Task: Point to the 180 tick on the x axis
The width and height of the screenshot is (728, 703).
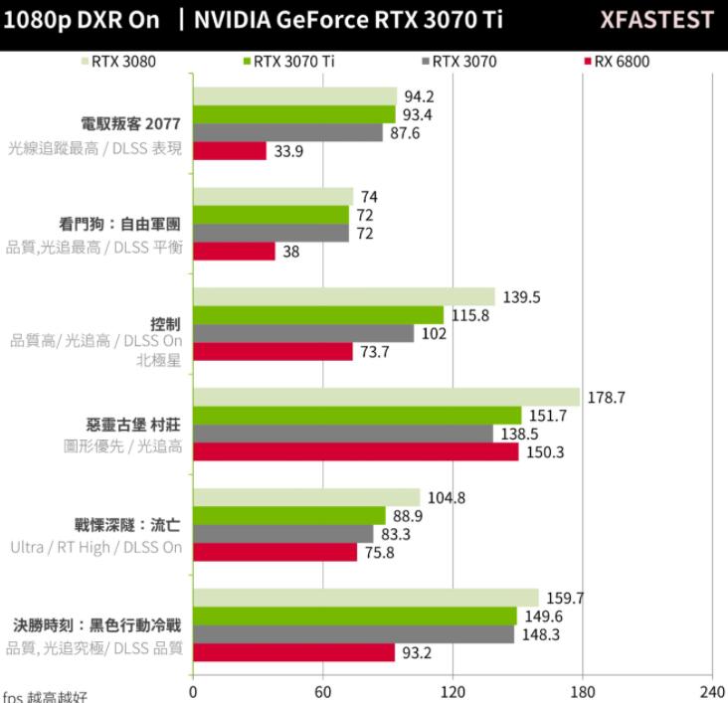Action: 583,692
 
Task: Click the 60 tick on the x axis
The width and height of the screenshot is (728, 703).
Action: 322,692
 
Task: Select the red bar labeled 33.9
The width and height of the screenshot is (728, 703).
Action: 230,151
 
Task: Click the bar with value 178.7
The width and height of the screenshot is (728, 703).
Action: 386,397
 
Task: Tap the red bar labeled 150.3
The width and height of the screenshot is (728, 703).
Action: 355,451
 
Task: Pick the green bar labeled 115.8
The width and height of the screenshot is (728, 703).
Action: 318,315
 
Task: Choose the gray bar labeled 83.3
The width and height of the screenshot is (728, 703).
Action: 282,534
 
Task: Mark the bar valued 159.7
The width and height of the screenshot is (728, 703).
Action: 365,598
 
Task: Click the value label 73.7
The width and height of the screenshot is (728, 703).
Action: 375,352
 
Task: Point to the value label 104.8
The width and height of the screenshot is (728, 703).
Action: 446,497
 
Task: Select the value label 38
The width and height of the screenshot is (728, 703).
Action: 290,252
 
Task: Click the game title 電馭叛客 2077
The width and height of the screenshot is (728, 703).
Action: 131,124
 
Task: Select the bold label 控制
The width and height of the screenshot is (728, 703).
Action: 165,324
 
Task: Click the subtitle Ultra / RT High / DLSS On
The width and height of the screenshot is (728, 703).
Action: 96,547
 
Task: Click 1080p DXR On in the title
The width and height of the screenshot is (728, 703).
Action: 81,20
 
